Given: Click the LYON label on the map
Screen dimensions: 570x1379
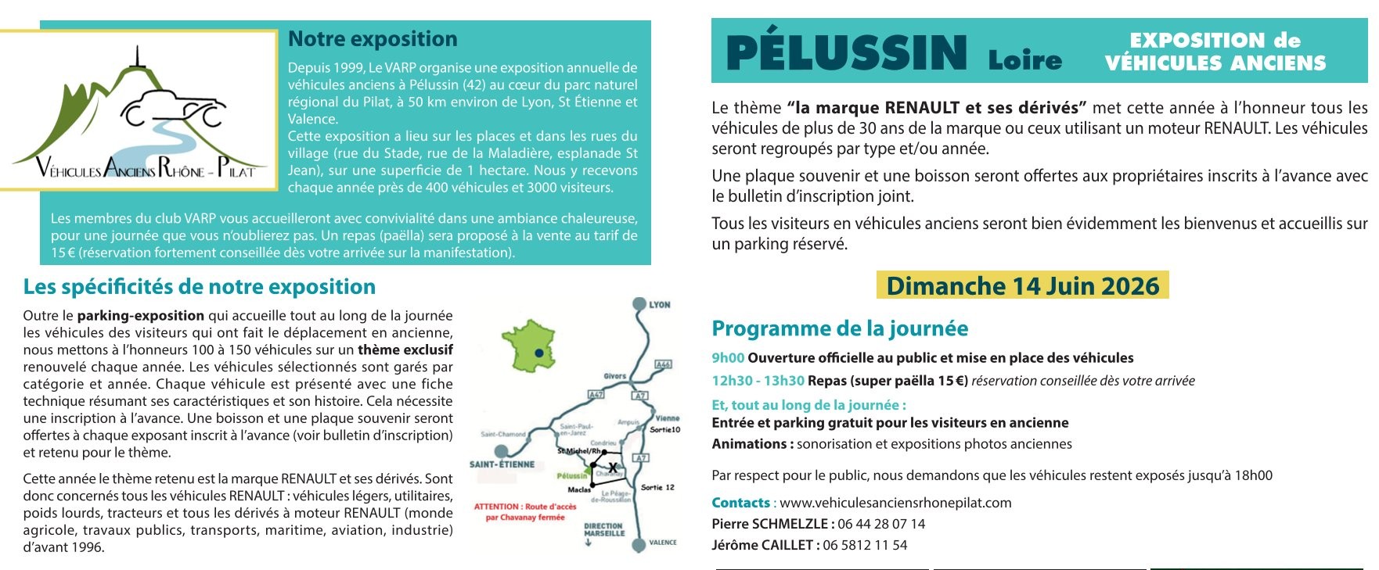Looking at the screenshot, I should click(659, 305).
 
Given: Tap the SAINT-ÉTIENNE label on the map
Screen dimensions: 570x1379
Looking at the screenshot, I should click(502, 464).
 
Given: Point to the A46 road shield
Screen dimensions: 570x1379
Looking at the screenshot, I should click(663, 364).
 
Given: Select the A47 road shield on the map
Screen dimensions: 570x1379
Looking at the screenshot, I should click(596, 395).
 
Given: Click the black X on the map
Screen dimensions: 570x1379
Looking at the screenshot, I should click(613, 468).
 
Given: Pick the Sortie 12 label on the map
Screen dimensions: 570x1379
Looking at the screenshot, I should click(657, 487).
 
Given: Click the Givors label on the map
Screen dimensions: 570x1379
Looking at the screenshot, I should click(614, 376).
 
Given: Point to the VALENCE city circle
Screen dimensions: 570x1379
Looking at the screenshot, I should click(639, 543).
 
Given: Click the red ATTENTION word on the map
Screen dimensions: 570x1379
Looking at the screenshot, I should click(496, 507).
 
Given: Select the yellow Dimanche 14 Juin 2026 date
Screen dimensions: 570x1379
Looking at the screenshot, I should click(1022, 285).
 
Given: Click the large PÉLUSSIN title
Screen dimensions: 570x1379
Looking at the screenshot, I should click(847, 52).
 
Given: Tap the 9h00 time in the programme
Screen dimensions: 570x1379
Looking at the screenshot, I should click(727, 358).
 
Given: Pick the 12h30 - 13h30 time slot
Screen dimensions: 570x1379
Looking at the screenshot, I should click(758, 381).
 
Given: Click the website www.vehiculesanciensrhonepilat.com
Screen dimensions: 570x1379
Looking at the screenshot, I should click(895, 503).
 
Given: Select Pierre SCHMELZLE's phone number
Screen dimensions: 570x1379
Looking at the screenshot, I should click(881, 524).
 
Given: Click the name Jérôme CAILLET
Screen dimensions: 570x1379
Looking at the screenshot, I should click(763, 545).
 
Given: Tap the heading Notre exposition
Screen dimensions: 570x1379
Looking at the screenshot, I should click(373, 39).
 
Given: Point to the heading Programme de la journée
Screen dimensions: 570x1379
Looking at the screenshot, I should click(840, 328).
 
